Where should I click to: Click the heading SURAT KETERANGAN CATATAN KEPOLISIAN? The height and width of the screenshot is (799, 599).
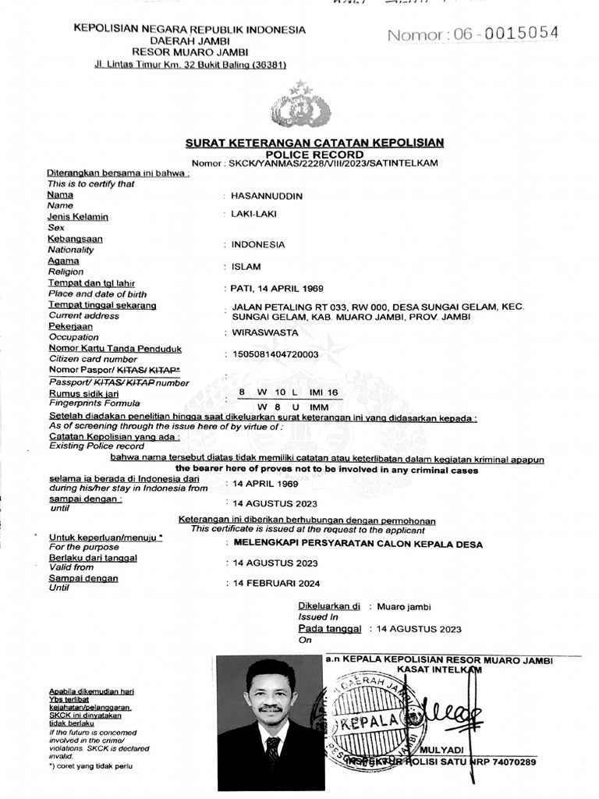314,143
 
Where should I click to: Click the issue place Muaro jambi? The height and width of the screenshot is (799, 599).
404,606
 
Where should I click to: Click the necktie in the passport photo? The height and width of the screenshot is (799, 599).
272,753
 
